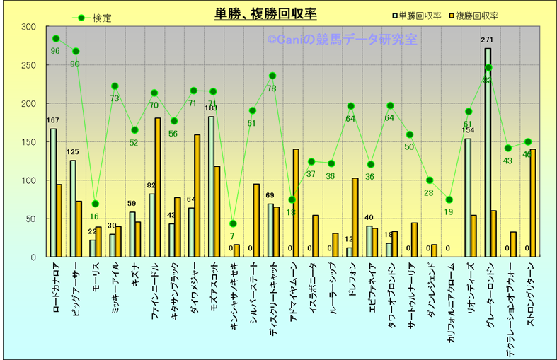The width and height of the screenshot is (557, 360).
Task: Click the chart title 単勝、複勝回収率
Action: [265, 14]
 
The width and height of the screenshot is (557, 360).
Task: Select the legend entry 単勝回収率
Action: [419, 15]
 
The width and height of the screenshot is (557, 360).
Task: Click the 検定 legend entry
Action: [95, 18]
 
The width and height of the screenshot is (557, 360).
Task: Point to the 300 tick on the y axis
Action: [28, 27]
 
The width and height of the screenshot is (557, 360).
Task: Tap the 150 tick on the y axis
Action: [28, 142]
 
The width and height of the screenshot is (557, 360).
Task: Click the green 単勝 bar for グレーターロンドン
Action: [488, 152]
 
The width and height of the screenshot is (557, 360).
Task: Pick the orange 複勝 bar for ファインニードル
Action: [158, 187]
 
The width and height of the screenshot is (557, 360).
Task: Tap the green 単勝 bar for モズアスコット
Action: [211, 186]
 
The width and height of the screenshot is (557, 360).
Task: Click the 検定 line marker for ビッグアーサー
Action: [76, 51]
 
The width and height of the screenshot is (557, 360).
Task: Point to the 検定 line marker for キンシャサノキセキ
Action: [233, 223]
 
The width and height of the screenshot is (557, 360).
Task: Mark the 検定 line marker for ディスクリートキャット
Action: [272, 76]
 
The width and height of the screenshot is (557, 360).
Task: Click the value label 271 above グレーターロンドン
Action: [487, 40]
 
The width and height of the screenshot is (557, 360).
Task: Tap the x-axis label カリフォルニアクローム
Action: [451, 304]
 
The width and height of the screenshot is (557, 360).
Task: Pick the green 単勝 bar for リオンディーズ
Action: [468, 197]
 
